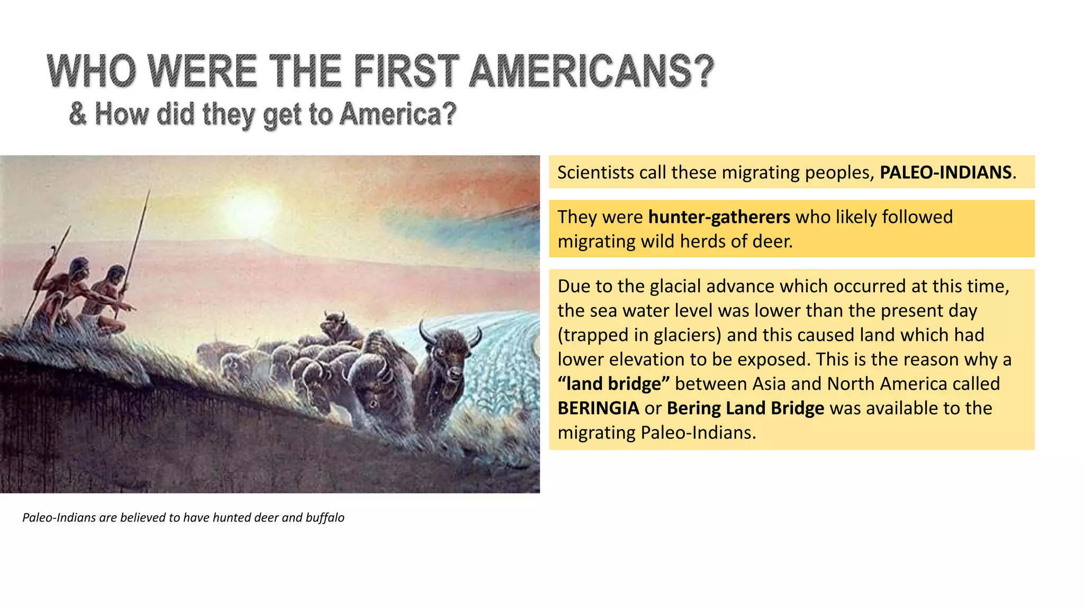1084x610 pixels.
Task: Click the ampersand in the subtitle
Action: [x=78, y=114]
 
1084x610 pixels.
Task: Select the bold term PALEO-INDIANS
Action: [x=945, y=173]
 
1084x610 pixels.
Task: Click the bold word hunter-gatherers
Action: [x=719, y=217]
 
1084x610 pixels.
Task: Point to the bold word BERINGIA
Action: [x=598, y=408]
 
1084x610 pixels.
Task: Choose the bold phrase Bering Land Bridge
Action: [x=745, y=408]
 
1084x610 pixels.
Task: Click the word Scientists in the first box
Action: [x=595, y=173]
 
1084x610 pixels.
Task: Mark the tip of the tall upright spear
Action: [x=149, y=192]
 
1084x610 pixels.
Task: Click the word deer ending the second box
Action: [x=775, y=241]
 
